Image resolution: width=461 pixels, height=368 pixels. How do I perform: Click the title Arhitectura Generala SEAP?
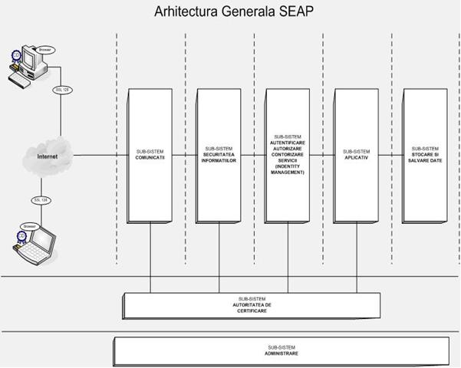[x=230, y=13]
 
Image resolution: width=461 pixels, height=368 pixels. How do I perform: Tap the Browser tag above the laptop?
[x=29, y=227]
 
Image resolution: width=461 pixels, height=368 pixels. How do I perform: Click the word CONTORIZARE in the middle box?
[x=288, y=153]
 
